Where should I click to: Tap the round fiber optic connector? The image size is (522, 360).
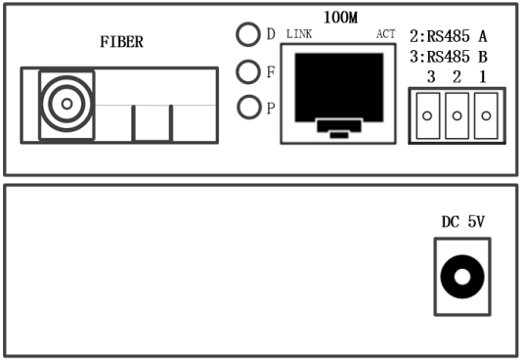(66, 104)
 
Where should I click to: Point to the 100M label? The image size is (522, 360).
(339, 18)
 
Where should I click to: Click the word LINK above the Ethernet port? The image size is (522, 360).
(297, 35)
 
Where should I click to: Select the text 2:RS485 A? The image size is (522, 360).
(449, 38)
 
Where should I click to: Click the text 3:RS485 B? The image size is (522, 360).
(449, 56)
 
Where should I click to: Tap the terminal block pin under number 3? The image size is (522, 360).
(426, 116)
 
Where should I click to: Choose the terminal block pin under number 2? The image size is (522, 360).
(456, 116)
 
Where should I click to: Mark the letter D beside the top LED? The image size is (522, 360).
(271, 34)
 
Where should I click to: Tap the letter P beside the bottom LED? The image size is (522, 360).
(271, 108)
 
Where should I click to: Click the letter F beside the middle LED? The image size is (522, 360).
(271, 71)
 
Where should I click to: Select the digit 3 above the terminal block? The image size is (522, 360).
(426, 76)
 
